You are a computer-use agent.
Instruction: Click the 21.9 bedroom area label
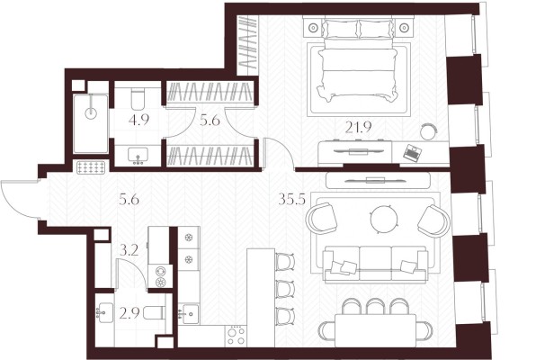(358, 128)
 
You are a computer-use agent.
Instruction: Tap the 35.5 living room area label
(291, 199)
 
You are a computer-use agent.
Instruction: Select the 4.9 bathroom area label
(138, 120)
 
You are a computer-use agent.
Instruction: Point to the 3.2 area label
(129, 251)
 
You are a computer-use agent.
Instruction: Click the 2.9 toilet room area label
(129, 313)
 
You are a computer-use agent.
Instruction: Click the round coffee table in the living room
(385, 219)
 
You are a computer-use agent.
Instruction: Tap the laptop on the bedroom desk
(412, 153)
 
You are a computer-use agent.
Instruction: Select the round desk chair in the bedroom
(429, 131)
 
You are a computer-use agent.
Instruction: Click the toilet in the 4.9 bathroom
(138, 98)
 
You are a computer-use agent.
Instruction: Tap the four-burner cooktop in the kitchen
(236, 336)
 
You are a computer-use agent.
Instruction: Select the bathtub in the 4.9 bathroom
(91, 123)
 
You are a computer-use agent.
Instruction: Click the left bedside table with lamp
(313, 27)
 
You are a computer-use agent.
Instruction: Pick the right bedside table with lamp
(404, 27)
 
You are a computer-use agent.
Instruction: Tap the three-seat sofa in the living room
(375, 263)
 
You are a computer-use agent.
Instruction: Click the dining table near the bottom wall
(376, 330)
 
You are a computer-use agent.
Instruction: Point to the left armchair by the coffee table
(321, 219)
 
